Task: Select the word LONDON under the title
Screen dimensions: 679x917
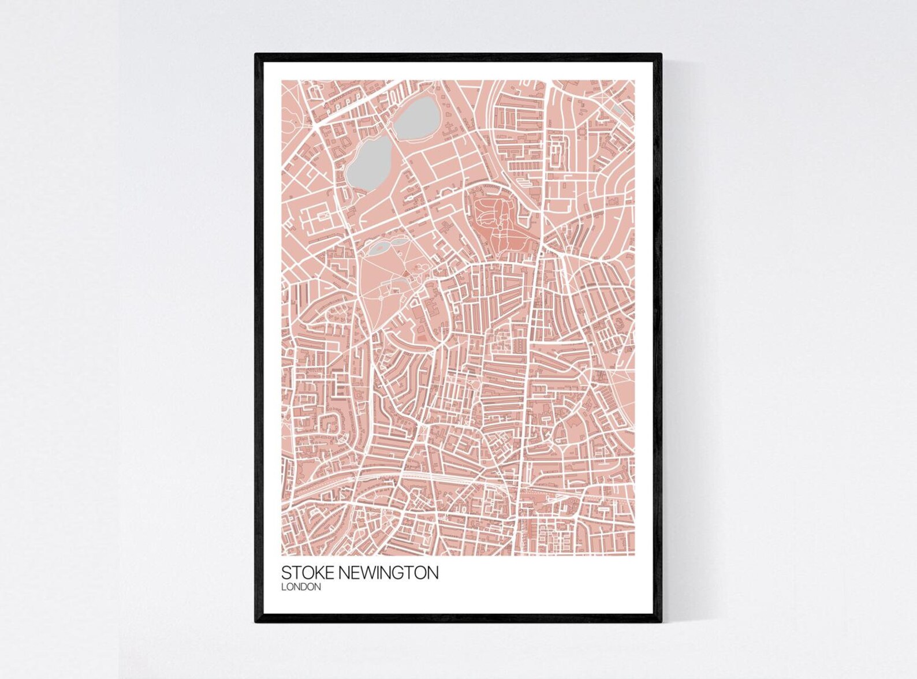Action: [301, 587]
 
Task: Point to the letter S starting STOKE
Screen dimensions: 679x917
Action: [286, 573]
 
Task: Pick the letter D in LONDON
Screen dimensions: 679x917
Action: [311, 587]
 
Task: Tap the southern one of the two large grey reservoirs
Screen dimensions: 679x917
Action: [369, 165]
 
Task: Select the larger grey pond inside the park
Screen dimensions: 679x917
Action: [381, 249]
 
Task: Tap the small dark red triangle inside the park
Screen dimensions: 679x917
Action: [405, 274]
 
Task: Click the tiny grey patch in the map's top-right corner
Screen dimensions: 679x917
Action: [617, 109]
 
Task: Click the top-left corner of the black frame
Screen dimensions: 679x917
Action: [256, 55]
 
